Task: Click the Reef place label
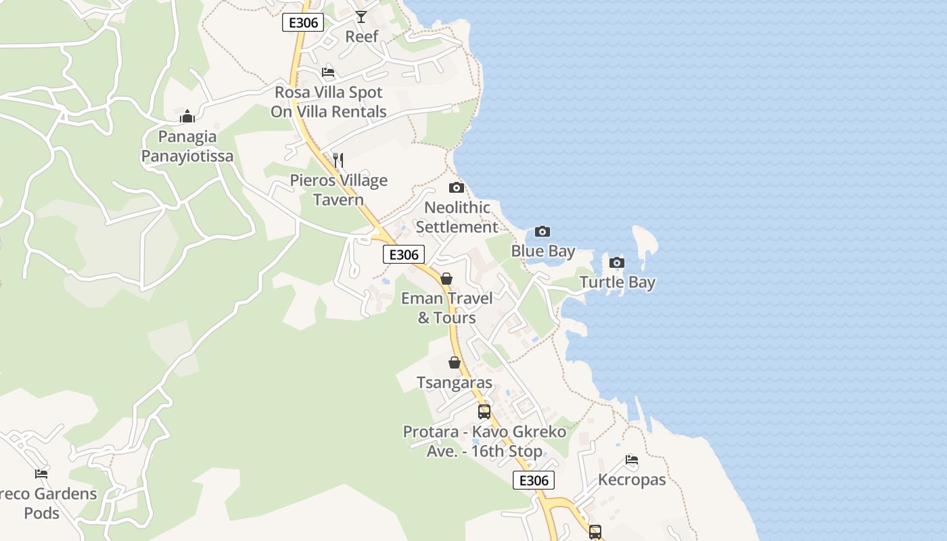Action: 362,37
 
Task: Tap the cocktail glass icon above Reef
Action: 361,16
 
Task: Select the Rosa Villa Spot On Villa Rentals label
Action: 329,102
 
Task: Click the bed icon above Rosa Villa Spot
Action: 328,72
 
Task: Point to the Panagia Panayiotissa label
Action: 187,146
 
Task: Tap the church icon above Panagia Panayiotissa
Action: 187,116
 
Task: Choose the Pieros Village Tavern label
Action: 339,190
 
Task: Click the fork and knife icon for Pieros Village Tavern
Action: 338,160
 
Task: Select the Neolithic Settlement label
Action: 457,217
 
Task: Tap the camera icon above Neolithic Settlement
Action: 457,188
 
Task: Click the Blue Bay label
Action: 542,252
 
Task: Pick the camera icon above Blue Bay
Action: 542,232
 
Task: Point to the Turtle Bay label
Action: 617,282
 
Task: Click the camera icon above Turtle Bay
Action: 617,262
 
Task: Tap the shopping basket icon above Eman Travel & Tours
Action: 446,278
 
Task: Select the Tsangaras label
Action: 455,383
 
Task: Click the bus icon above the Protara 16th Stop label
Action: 484,411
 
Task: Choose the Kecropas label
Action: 632,479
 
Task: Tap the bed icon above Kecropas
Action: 632,460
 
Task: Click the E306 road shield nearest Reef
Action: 303,22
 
